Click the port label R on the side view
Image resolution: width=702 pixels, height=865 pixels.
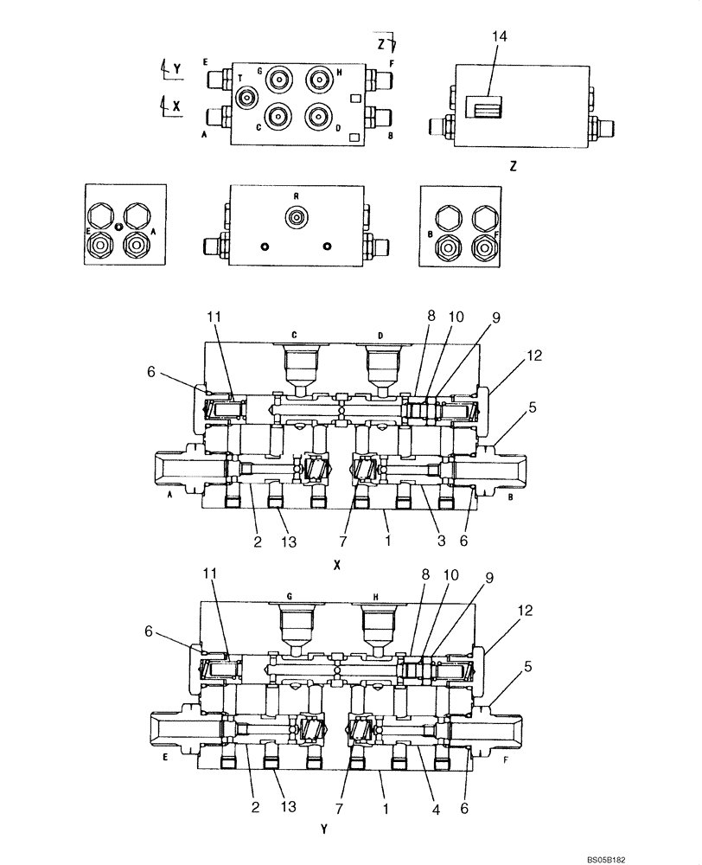pos(296,197)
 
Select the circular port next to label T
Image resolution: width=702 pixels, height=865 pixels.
pos(248,98)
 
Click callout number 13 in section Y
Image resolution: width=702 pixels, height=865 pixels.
pos(288,806)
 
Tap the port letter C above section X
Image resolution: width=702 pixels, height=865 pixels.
pos(295,334)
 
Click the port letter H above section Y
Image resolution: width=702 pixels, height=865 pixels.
pos(376,598)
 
